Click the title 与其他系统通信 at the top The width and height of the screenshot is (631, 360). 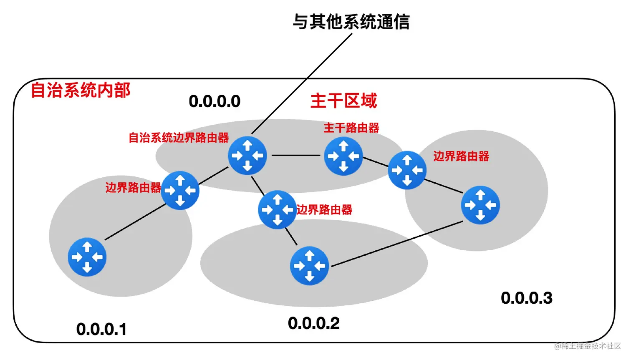pos(351,22)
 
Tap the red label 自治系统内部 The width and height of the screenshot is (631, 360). pos(81,90)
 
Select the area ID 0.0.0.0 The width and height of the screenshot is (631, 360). pos(215,101)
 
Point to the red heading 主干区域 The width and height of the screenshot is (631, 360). pos(343,101)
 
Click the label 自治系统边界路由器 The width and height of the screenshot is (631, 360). pos(179,138)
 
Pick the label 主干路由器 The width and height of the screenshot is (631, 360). pos(351,128)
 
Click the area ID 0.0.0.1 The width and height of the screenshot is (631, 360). pos(101,330)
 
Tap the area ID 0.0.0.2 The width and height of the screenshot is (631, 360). pos(314,323)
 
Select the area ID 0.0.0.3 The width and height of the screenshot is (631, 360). pos(527,298)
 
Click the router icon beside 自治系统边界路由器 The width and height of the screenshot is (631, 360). pos(247,156)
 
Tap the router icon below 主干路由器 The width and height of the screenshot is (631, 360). pos(343,156)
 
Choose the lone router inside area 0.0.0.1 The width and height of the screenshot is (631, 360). pos(87,257)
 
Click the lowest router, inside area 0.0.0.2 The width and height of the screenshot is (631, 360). pos(309,266)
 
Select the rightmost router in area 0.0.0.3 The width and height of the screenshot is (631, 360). pos(480,205)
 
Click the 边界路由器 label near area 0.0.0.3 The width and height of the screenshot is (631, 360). pos(461,156)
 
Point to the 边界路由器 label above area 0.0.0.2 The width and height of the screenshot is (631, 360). pos(324,209)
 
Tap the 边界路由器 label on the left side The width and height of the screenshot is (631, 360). pos(133,188)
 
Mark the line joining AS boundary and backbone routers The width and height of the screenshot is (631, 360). pos(295,156)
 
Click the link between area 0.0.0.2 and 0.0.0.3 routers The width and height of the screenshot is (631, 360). pos(396,244)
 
